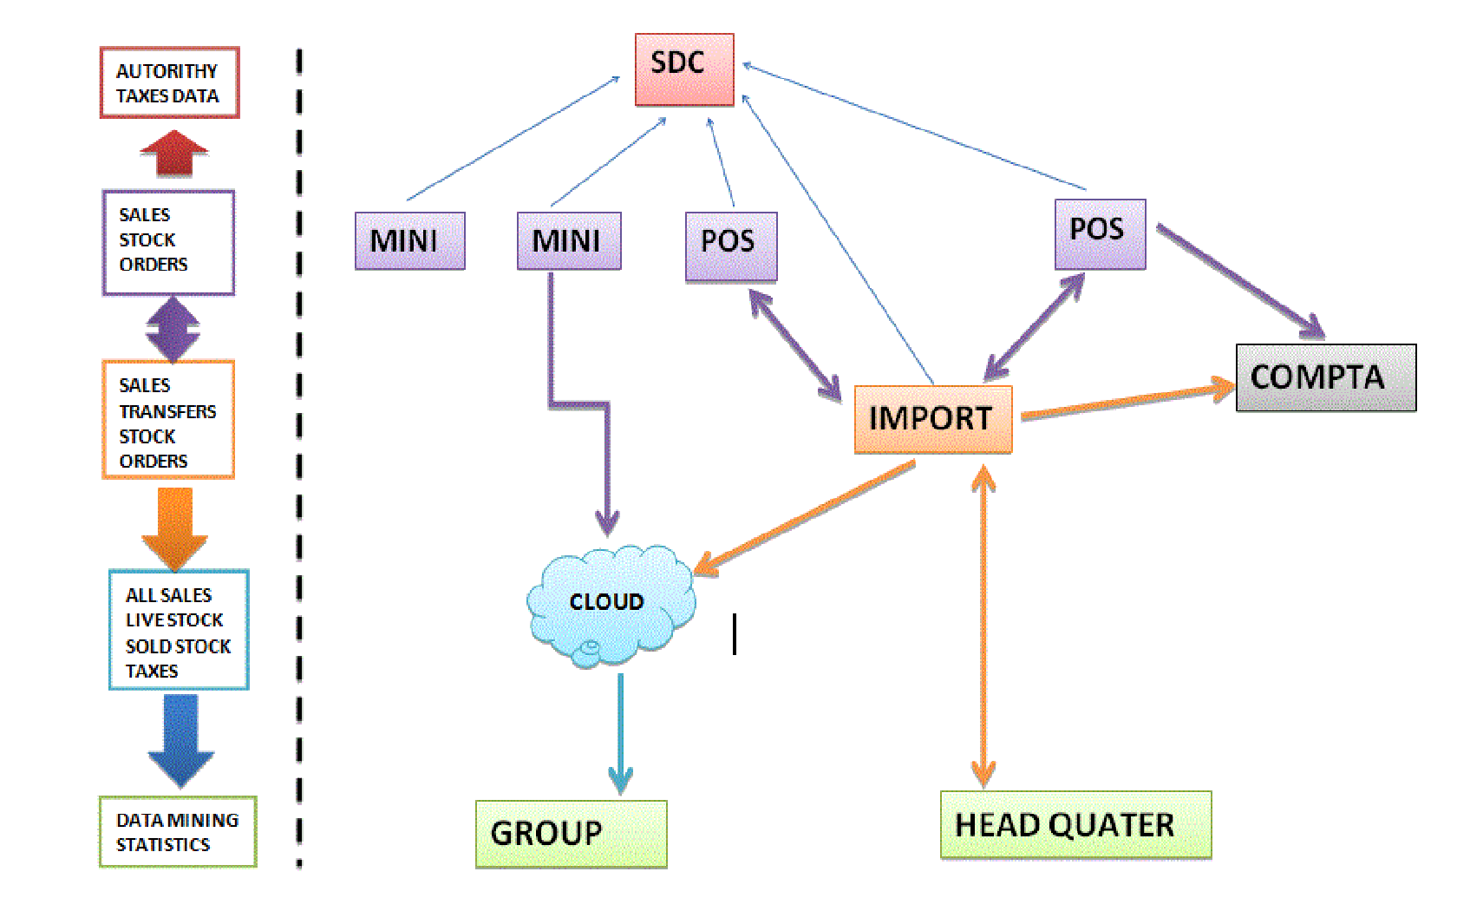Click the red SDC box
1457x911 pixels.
pyautogui.click(x=684, y=69)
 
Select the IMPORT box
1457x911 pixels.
pyautogui.click(x=932, y=419)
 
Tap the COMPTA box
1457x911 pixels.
pyautogui.click(x=1325, y=377)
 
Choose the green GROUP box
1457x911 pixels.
pyautogui.click(x=571, y=833)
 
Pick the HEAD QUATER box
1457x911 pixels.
pyautogui.click(x=1075, y=825)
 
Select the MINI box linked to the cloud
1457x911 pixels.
pyautogui.click(x=569, y=240)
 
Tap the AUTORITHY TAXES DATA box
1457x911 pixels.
pyautogui.click(x=169, y=83)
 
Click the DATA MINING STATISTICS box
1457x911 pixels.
pyautogui.click(x=178, y=831)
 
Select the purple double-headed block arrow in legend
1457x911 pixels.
pyautogui.click(x=173, y=329)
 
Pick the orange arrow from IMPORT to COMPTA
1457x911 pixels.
pyautogui.click(x=1127, y=402)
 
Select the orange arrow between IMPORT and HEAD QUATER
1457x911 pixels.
pyautogui.click(x=983, y=625)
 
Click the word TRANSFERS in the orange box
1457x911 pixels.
pyautogui.click(x=168, y=411)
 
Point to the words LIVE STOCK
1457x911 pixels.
pyautogui.click(x=174, y=620)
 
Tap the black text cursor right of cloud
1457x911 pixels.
pyautogui.click(x=735, y=634)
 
